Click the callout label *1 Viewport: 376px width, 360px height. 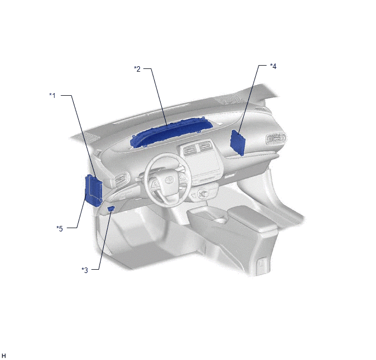pyautogui.click(x=52, y=96)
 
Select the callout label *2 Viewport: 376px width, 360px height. pyautogui.click(x=137, y=69)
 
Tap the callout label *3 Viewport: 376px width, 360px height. pyautogui.click(x=85, y=270)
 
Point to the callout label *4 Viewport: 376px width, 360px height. pyautogui.click(x=273, y=66)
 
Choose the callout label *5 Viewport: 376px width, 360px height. pyautogui.click(x=60, y=229)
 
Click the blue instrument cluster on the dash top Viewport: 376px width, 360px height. pyautogui.click(x=172, y=133)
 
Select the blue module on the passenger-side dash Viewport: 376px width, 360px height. pyautogui.click(x=237, y=142)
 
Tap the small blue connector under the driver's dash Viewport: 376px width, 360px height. pyautogui.click(x=111, y=208)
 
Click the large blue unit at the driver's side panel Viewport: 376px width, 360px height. pyautogui.click(x=93, y=190)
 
